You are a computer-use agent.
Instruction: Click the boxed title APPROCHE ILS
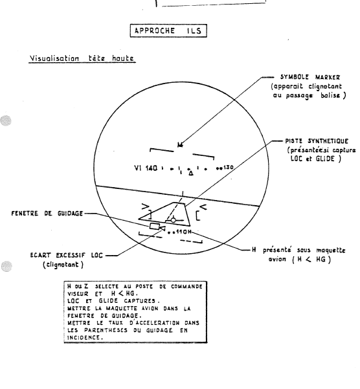point(168,31)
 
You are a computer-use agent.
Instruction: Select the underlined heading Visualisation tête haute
point(82,58)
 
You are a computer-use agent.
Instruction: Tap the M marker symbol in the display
point(181,144)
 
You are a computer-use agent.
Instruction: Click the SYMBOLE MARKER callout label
point(310,77)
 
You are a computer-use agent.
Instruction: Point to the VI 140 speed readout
point(146,168)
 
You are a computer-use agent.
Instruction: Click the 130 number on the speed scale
point(229,167)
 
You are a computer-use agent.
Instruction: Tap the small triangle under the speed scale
point(191,173)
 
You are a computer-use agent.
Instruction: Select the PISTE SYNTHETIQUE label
point(317,141)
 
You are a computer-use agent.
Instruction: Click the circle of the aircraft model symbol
point(173,220)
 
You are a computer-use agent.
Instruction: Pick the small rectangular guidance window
point(155,227)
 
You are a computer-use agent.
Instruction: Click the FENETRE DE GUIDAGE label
point(47,214)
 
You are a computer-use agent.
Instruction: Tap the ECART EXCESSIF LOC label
point(66,255)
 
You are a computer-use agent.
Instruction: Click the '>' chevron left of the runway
point(146,206)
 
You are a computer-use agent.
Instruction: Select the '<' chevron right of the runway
point(203,206)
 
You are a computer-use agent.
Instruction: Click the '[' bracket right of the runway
point(197,216)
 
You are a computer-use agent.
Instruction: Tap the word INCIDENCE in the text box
point(84,337)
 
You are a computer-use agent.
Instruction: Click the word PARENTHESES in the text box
point(106,330)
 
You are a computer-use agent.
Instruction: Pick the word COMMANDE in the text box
point(186,287)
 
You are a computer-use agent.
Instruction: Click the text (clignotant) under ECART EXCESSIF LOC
point(63,265)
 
